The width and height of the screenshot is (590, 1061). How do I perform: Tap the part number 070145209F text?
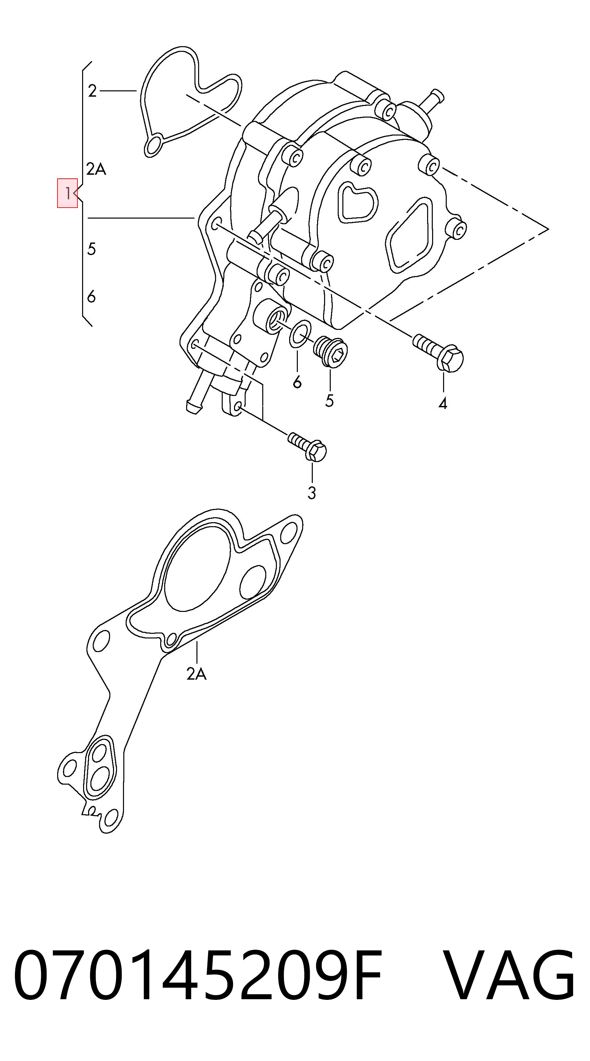(x=198, y=981)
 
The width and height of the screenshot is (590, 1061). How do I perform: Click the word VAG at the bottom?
(x=510, y=980)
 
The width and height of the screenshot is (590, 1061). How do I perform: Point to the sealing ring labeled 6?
(x=300, y=333)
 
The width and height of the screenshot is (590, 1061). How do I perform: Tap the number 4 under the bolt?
(x=443, y=404)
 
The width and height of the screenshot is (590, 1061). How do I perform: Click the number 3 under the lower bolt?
(x=312, y=493)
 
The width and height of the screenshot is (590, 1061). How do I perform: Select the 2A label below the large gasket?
(x=196, y=674)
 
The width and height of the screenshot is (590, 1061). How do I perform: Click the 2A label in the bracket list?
(x=96, y=169)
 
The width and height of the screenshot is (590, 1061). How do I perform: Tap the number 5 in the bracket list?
(x=91, y=249)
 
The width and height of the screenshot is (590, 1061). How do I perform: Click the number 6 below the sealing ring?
(x=297, y=382)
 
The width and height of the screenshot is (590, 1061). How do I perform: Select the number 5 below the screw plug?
(x=329, y=400)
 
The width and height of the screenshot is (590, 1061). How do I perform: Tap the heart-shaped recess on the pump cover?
(x=357, y=204)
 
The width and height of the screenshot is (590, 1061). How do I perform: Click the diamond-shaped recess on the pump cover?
(x=409, y=235)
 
